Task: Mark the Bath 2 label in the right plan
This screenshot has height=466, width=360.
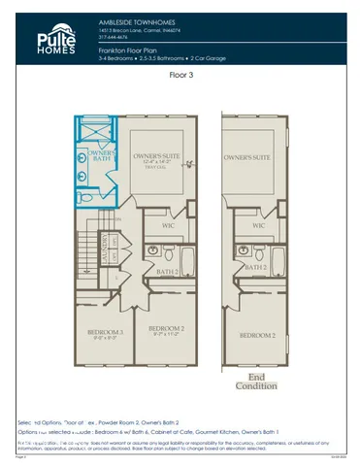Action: click(254, 264)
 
